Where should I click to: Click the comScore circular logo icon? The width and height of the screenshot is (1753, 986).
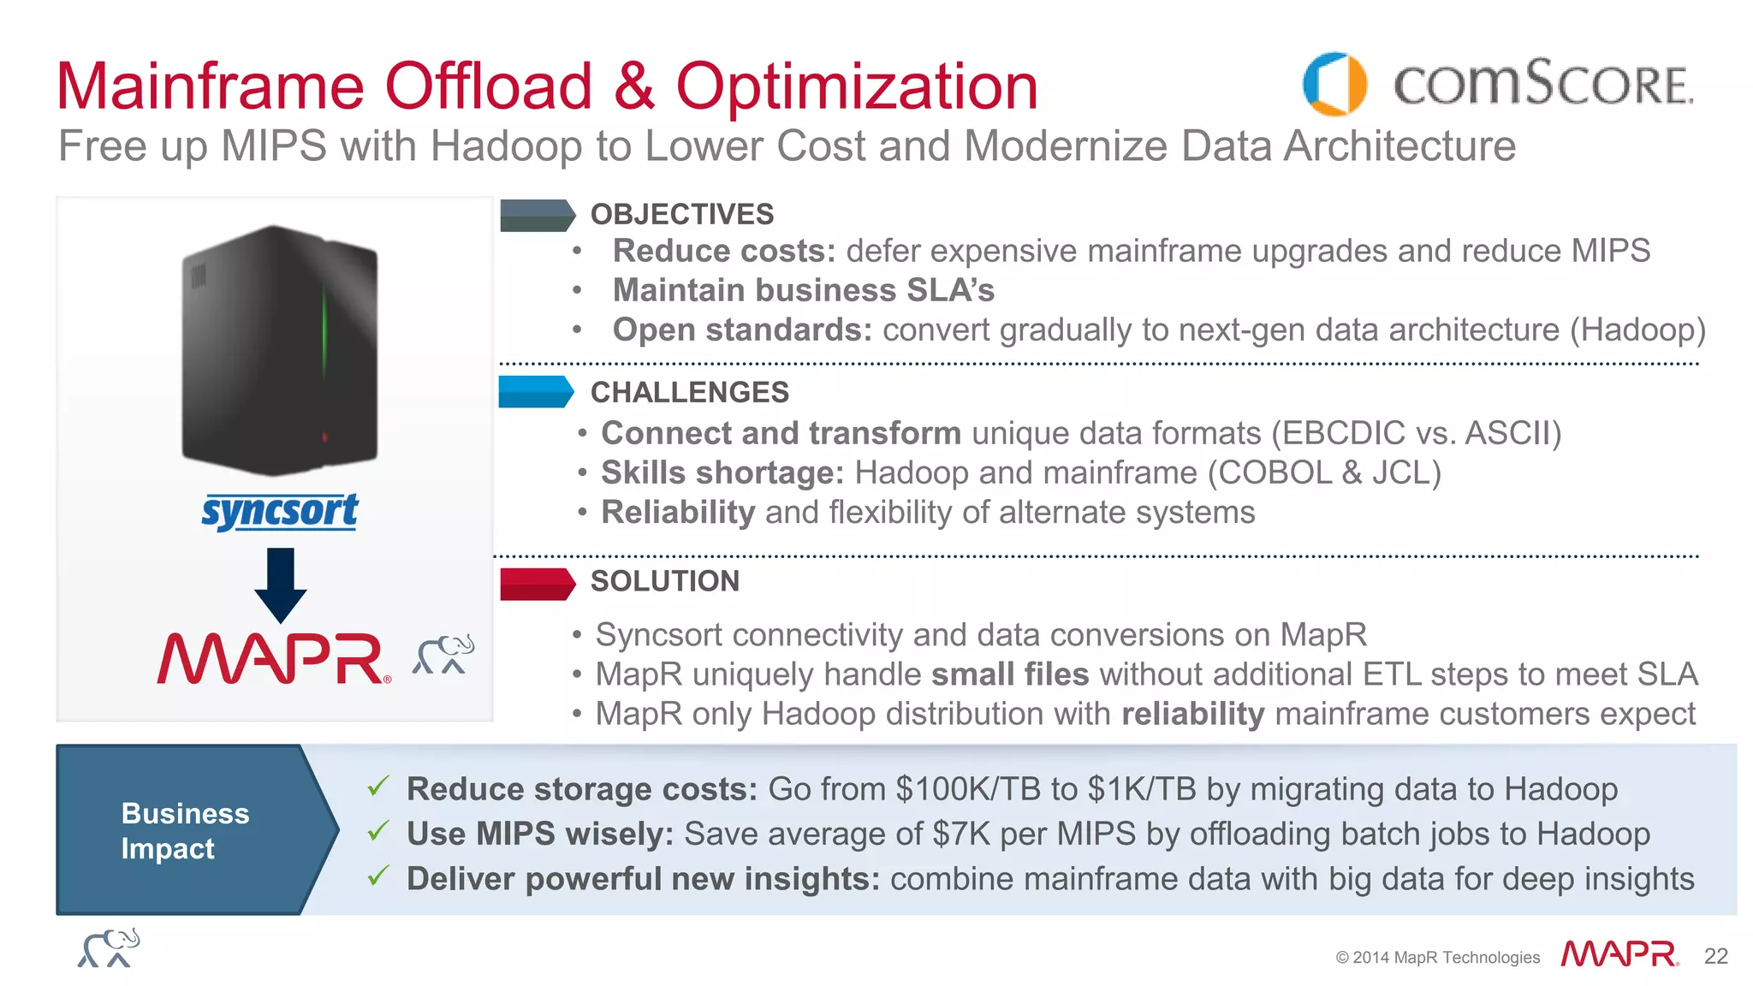click(1334, 84)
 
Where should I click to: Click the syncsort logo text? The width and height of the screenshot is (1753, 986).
click(280, 512)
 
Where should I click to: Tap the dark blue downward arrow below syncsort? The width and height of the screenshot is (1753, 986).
click(281, 585)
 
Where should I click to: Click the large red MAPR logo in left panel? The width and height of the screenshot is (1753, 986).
click(273, 659)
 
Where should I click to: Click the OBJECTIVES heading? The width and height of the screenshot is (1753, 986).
click(681, 214)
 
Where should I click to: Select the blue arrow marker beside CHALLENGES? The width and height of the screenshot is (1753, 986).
click(536, 392)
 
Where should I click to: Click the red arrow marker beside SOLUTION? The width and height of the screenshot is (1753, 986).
click(537, 584)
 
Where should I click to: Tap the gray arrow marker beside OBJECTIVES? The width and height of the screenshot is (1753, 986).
click(537, 216)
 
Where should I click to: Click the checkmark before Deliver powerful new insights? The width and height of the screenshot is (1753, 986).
click(378, 876)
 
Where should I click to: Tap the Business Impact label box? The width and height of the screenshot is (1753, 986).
click(186, 830)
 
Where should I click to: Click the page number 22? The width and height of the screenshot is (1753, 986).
click(1715, 956)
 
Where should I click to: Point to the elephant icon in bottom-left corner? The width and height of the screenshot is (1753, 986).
click(109, 948)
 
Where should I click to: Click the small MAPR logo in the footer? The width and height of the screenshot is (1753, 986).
click(1619, 953)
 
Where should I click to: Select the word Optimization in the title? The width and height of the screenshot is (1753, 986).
click(856, 87)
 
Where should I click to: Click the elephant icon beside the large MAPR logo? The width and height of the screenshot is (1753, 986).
click(443, 655)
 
